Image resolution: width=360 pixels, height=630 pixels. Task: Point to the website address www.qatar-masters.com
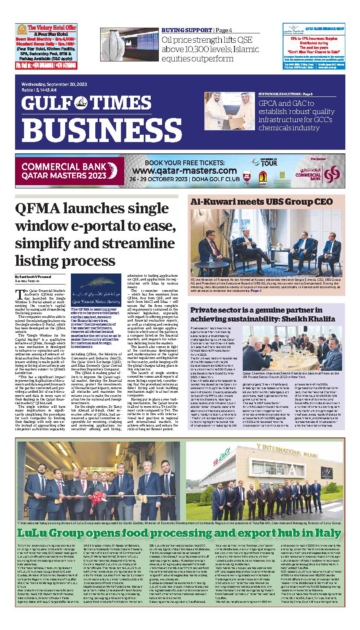[184, 170]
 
